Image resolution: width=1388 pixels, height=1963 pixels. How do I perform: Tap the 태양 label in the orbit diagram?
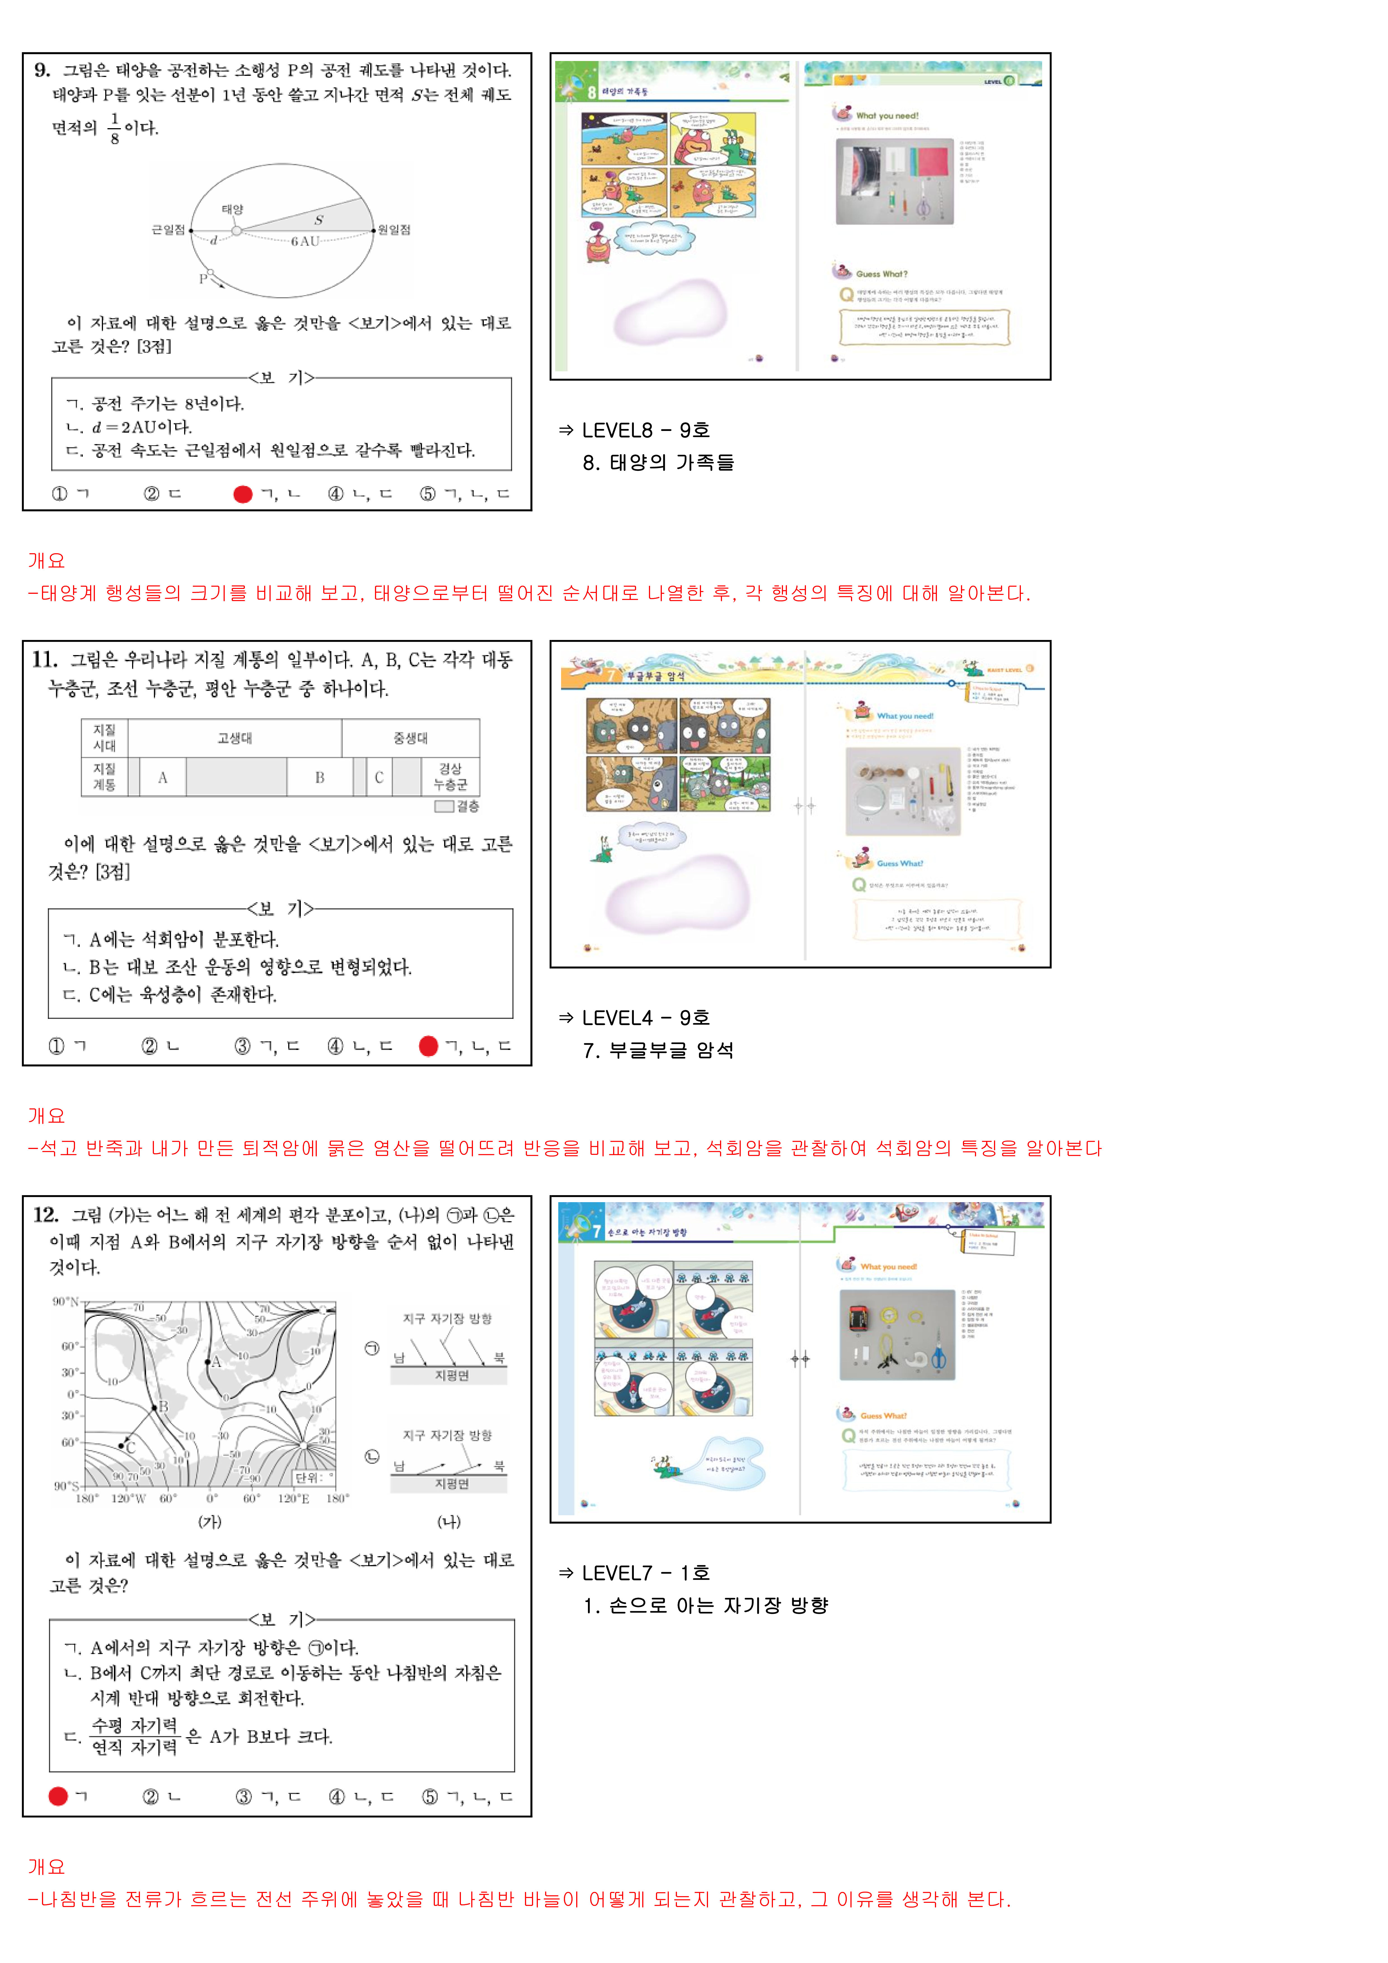pyautogui.click(x=233, y=210)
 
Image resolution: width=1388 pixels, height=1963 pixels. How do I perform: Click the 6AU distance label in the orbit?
pyautogui.click(x=304, y=241)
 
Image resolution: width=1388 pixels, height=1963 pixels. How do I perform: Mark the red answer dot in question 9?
pyautogui.click(x=243, y=494)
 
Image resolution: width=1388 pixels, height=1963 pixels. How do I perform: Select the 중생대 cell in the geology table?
pyautogui.click(x=411, y=738)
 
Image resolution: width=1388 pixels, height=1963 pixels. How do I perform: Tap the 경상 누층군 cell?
pyautogui.click(x=451, y=777)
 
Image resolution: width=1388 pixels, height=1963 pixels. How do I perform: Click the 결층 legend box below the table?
pyautogui.click(x=444, y=806)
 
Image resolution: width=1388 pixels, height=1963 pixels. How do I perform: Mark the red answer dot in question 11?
pyautogui.click(x=428, y=1046)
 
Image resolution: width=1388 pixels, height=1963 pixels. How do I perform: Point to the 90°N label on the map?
pyautogui.click(x=66, y=1301)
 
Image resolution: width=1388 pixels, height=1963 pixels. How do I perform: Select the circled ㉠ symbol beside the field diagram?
pyautogui.click(x=372, y=1348)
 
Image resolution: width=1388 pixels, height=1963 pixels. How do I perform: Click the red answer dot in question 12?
pyautogui.click(x=58, y=1796)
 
